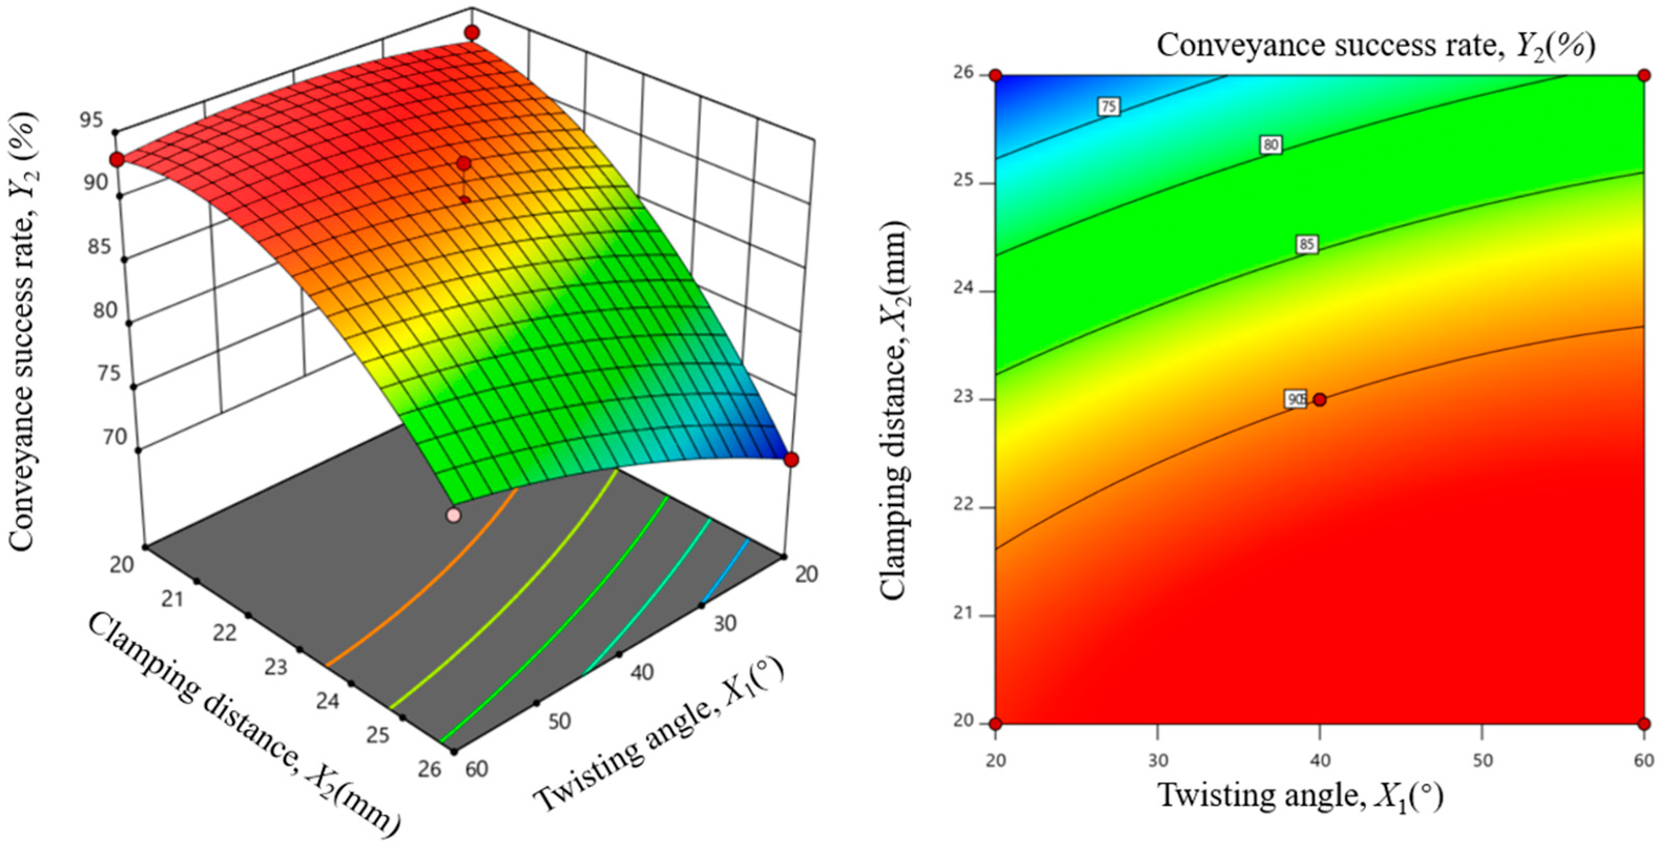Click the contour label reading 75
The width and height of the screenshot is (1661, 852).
1108,107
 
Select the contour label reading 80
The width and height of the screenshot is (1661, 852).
1270,145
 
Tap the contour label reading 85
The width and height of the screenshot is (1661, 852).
1306,244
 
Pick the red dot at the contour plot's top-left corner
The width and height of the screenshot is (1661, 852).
995,76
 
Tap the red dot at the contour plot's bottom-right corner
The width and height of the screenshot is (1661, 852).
1644,723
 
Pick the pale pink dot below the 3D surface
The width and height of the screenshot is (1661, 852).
454,515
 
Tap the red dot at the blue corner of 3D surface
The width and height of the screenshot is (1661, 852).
791,459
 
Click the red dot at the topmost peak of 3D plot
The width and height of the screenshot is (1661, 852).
473,32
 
